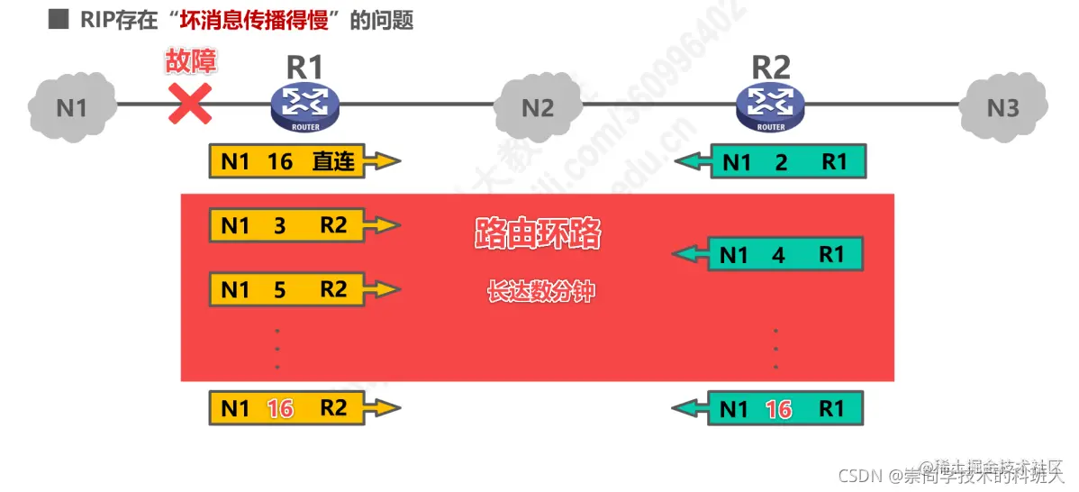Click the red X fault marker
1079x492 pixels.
(191, 103)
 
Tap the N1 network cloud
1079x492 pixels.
(72, 106)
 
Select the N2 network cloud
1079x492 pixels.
(538, 107)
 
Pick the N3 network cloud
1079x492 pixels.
(1002, 107)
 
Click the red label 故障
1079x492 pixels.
(191, 61)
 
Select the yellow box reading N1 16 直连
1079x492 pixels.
(288, 161)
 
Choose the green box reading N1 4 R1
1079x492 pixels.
(784, 255)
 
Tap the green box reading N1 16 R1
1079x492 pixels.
(784, 408)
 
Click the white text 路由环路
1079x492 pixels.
(538, 233)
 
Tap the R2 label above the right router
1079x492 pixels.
(771, 68)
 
